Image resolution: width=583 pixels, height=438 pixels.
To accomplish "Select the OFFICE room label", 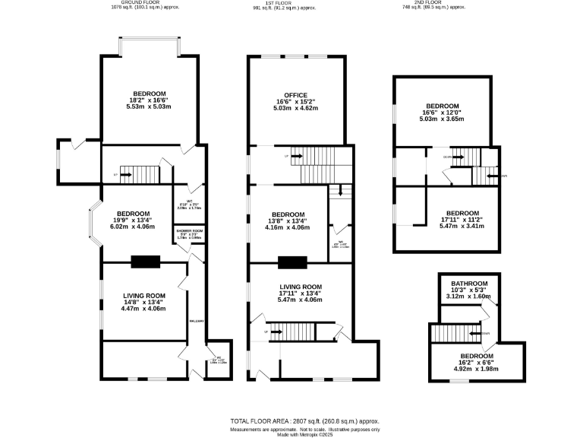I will (x=295, y=95).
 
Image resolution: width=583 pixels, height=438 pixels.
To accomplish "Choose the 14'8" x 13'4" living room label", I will (x=144, y=296).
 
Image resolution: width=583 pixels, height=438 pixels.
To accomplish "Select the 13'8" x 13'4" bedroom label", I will (x=288, y=214).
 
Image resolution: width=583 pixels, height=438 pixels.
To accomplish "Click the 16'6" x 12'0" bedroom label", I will (x=443, y=106).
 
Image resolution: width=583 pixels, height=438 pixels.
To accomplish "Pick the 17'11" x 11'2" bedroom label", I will (x=462, y=213).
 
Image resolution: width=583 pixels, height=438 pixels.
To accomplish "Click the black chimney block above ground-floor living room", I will (x=144, y=262).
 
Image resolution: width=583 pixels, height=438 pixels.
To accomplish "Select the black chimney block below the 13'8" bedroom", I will (x=291, y=262).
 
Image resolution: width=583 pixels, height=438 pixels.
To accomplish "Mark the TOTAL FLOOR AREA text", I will (x=304, y=421).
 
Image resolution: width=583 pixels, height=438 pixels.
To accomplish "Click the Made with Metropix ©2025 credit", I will (x=304, y=434).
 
